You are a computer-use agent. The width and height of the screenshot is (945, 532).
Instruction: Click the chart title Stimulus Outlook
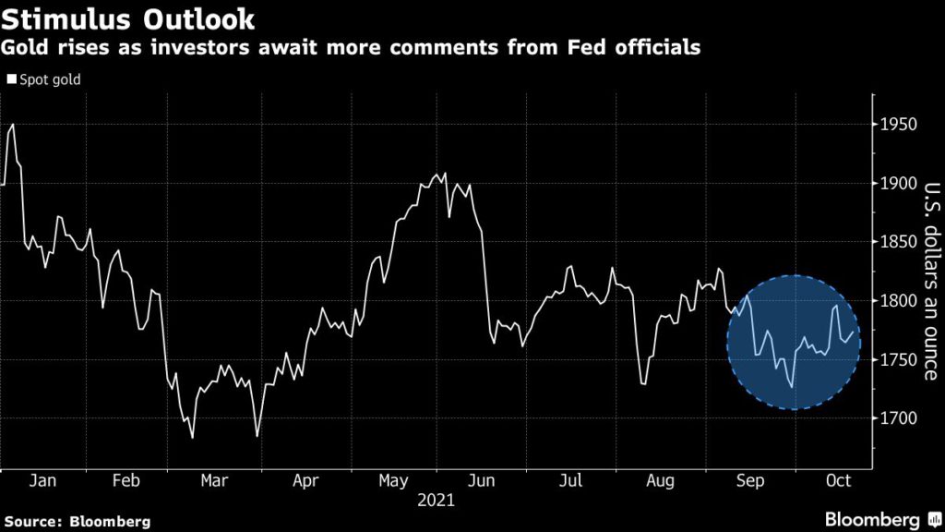[129, 18]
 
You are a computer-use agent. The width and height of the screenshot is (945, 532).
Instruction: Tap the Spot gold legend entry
[44, 79]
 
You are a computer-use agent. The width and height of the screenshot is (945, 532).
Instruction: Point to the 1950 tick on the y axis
[898, 125]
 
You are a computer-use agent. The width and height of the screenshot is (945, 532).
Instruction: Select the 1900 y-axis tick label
[898, 184]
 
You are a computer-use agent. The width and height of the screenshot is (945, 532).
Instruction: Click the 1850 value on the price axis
[898, 242]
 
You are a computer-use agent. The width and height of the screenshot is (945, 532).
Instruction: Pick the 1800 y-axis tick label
[898, 301]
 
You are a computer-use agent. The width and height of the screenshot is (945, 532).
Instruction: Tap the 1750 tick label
[898, 359]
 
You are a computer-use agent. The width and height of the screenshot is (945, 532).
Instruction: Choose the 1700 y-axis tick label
[898, 418]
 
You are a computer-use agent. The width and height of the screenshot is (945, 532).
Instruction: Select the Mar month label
[215, 482]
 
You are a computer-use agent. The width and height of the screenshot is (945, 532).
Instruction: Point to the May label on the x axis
[394, 482]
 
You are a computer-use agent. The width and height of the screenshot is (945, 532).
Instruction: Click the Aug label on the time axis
[661, 482]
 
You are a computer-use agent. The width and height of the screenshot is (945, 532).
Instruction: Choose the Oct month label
[838, 482]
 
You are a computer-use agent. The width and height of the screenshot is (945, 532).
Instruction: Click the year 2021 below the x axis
[437, 502]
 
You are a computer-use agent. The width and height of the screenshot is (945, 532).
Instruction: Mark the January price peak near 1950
[12, 124]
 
